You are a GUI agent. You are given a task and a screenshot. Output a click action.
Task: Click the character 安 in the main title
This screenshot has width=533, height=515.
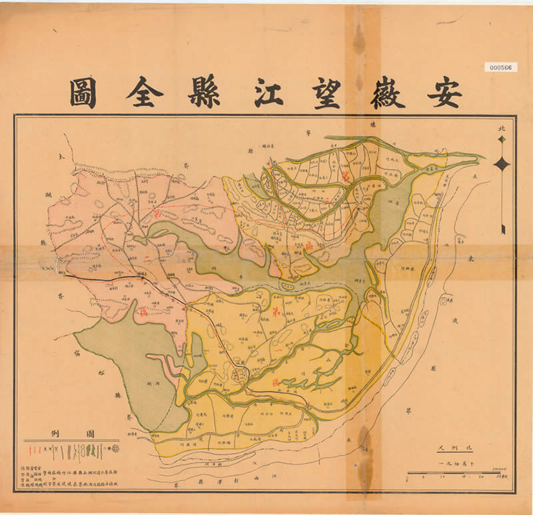[x=445, y=93]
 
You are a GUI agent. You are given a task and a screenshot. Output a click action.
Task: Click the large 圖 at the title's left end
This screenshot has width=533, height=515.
[x=83, y=93]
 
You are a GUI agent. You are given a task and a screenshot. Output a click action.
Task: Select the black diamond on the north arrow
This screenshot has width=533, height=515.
[x=502, y=164]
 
